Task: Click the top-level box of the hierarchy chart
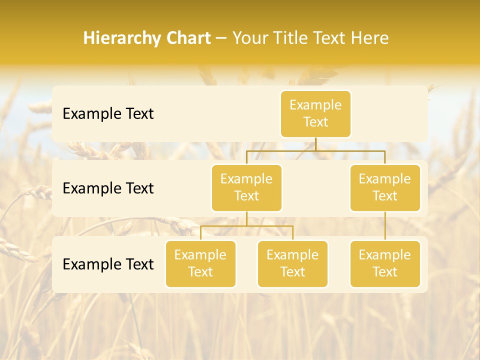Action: click(x=315, y=114)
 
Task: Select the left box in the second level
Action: click(x=246, y=188)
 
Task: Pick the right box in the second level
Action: click(x=385, y=188)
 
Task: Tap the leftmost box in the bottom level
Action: click(x=200, y=264)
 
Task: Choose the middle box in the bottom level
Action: click(x=292, y=264)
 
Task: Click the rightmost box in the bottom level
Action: click(x=385, y=264)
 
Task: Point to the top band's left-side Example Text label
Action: click(x=108, y=114)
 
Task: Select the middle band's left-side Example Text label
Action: click(x=108, y=188)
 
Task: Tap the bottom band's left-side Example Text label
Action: click(x=108, y=264)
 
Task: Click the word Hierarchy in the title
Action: click(x=119, y=38)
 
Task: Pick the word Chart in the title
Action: click(x=186, y=38)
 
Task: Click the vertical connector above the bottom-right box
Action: click(x=385, y=226)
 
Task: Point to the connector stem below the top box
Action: click(x=315, y=144)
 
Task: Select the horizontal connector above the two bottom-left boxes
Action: click(x=246, y=226)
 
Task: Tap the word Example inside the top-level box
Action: click(x=315, y=105)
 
